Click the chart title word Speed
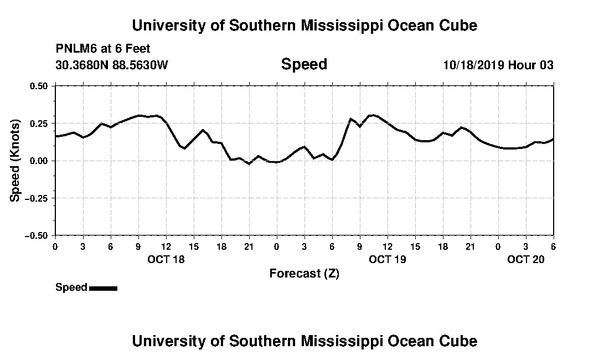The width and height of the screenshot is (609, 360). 304,64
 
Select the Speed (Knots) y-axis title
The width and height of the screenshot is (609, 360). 16,160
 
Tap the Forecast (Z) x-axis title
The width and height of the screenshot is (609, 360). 304,274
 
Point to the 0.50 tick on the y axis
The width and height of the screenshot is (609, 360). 39,86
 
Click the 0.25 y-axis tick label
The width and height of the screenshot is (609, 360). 39,123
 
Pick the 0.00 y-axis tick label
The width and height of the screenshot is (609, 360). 39,161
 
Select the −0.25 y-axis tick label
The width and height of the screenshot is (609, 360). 37,198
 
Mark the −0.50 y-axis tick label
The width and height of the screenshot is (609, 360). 37,235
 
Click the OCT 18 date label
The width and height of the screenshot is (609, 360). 166,259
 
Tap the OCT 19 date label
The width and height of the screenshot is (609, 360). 388,259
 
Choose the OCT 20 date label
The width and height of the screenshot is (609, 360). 526,259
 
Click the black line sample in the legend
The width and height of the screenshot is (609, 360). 103,288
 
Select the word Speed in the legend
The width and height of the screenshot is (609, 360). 71,287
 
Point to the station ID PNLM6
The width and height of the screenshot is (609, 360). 75,49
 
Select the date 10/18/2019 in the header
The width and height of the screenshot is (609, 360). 473,65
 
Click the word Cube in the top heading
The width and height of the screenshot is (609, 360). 458,25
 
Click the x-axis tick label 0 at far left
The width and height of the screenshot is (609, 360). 55,246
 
